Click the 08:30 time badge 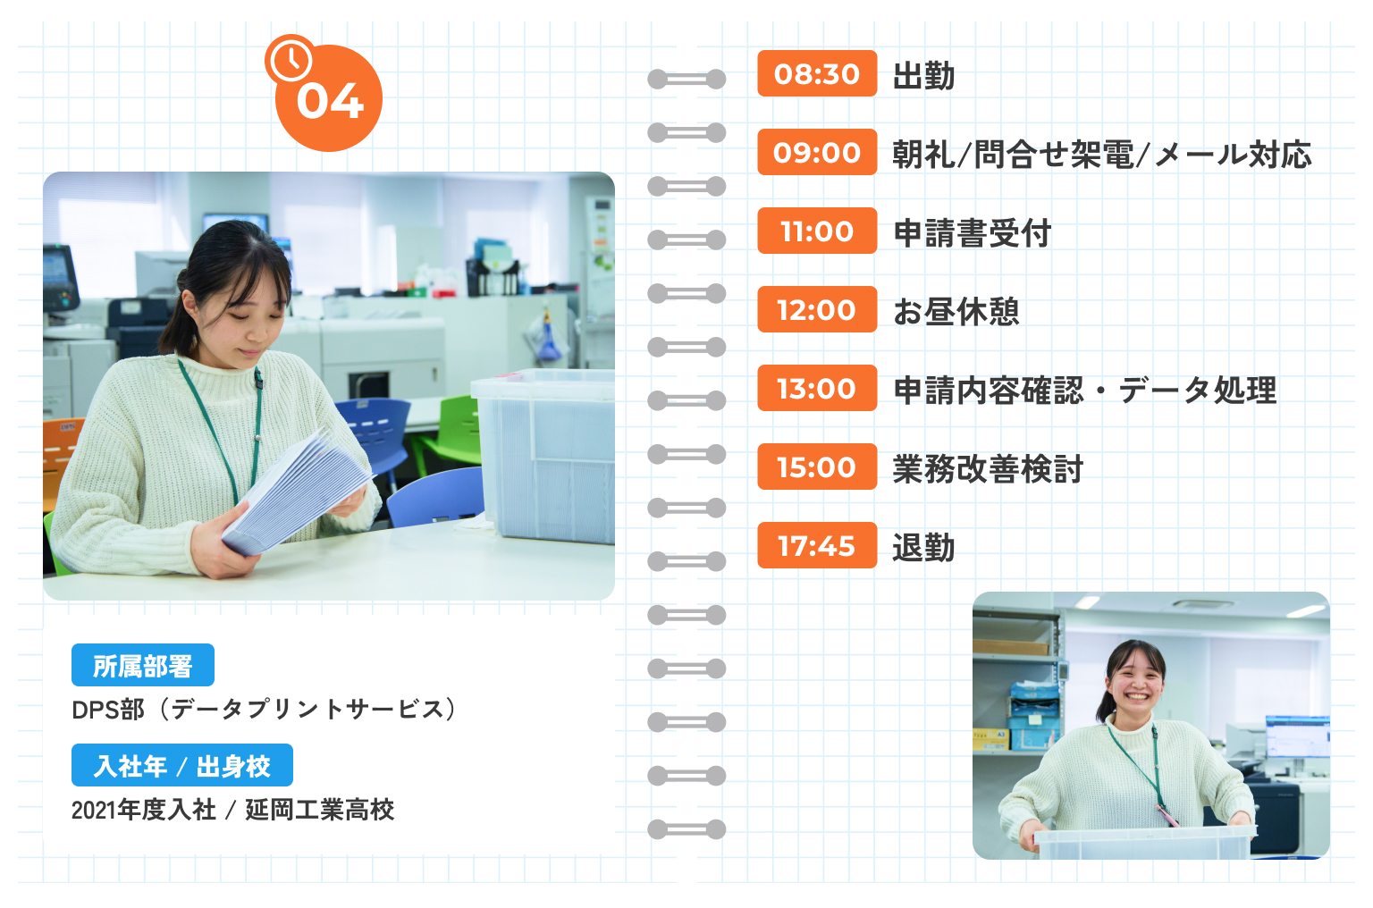pos(817,73)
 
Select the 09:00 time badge pos(817,152)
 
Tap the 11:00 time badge pos(817,231)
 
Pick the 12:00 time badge pos(817,309)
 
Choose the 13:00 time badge pos(817,388)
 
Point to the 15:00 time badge pos(817,467)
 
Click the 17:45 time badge pos(817,545)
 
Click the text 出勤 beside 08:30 pos(923,75)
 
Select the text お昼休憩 pos(956,311)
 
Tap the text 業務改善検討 pos(988,468)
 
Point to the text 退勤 pos(923,547)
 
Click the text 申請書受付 pos(973,233)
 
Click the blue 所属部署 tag pos(143,666)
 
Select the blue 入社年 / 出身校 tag pos(182,765)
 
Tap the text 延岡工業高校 pos(320,810)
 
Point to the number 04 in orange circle pos(331,102)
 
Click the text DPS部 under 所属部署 pos(108,710)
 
